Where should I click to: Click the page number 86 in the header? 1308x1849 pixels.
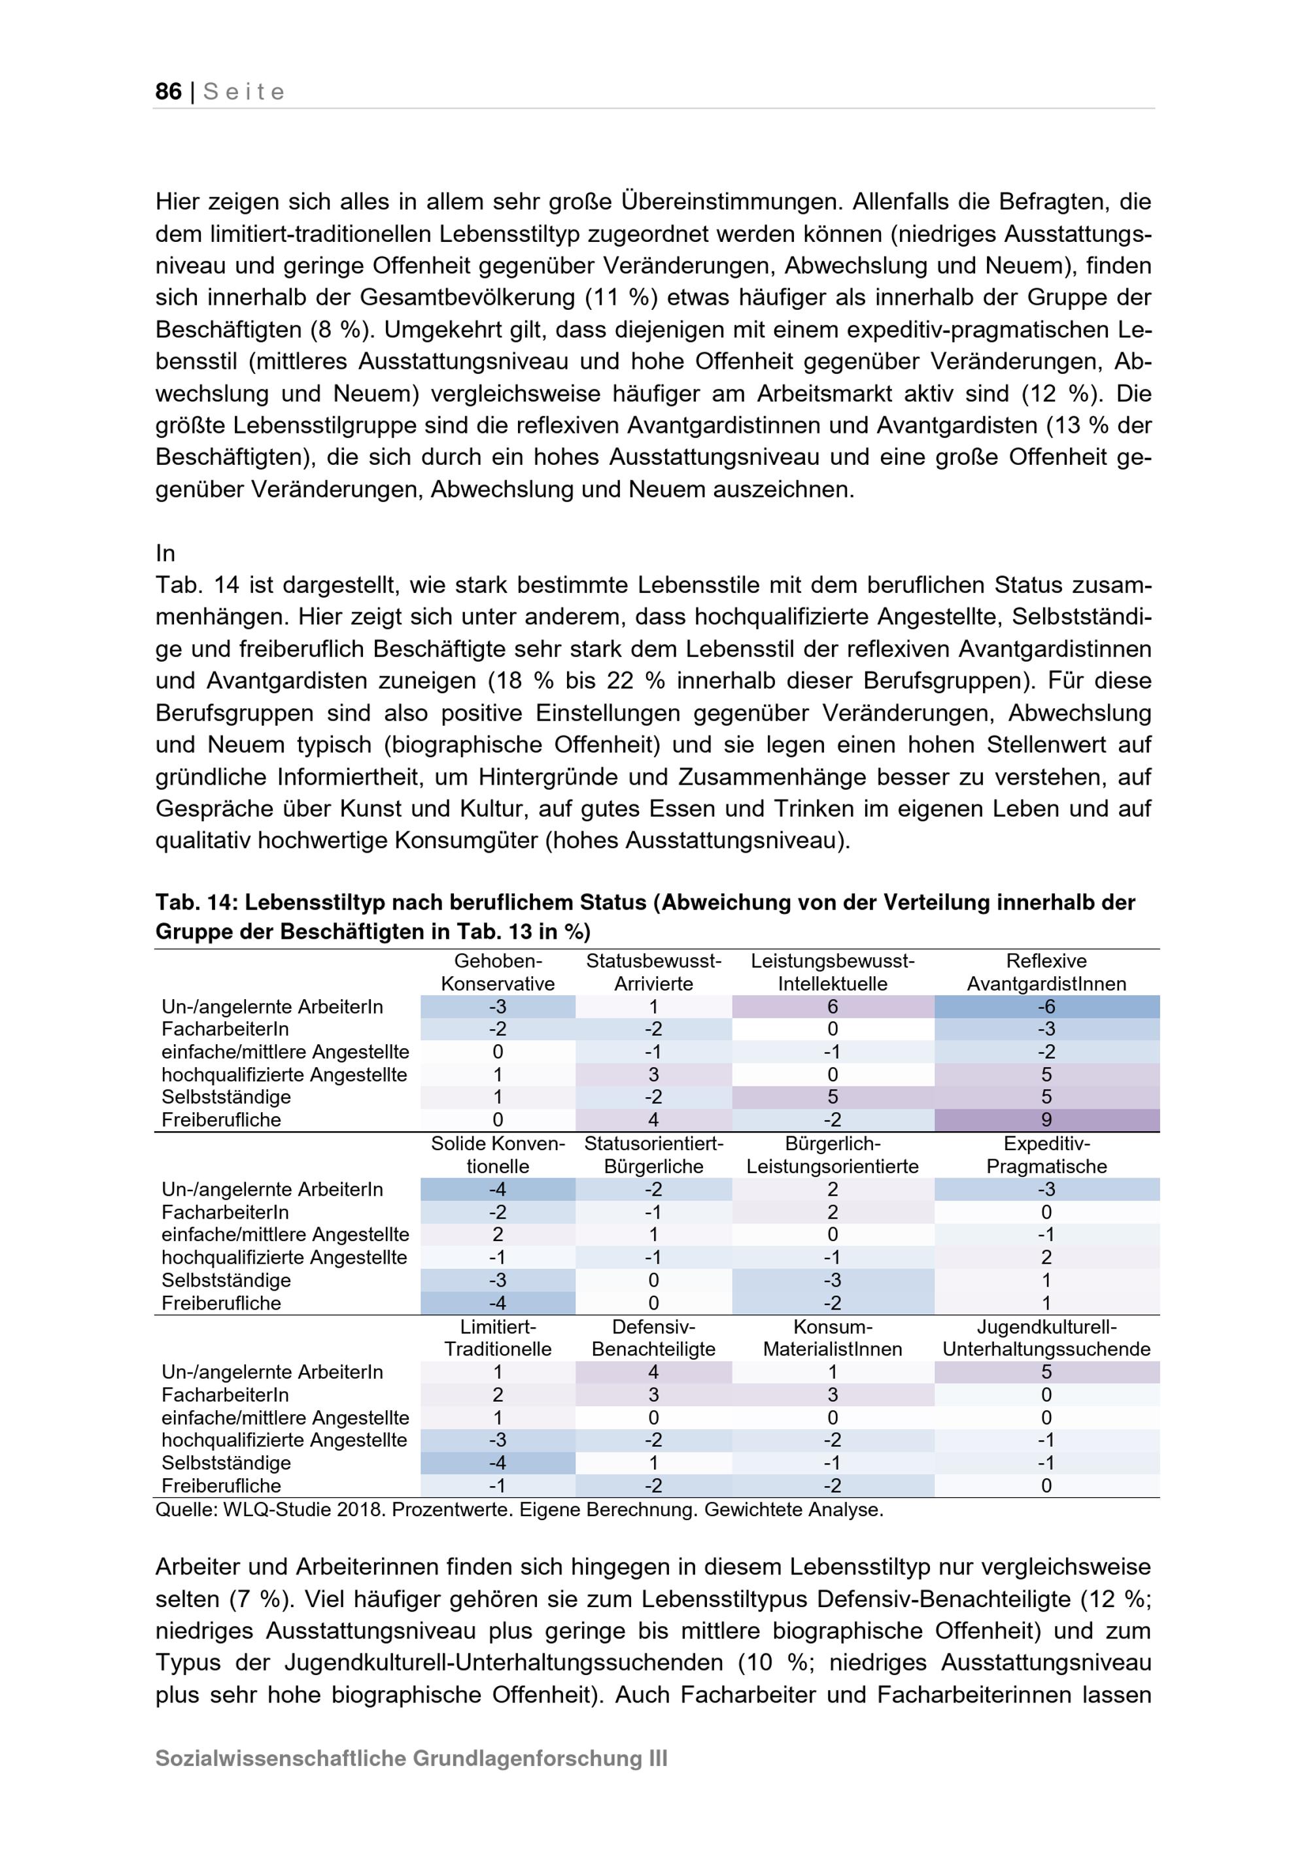click(168, 92)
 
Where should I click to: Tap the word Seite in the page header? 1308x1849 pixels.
click(244, 92)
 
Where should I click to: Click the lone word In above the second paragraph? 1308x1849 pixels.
click(165, 553)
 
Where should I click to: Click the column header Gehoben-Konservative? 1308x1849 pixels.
click(498, 972)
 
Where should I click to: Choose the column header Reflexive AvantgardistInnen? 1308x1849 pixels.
click(1046, 972)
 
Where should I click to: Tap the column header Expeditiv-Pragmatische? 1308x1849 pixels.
click(1046, 1155)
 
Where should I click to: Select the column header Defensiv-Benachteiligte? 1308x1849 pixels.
click(653, 1338)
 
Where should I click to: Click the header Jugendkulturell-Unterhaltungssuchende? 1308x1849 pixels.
click(1046, 1338)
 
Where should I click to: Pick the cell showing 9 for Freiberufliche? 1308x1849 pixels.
click(1046, 1119)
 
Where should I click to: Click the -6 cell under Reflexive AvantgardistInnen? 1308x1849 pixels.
click(1046, 1007)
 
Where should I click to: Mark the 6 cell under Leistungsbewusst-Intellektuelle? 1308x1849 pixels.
click(832, 1007)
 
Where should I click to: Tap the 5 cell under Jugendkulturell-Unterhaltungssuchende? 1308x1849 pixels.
click(1046, 1372)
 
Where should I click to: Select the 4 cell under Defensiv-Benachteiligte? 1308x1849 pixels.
click(653, 1372)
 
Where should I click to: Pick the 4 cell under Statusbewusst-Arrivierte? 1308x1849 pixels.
click(653, 1119)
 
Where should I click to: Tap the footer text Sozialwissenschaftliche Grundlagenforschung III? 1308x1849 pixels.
click(411, 1759)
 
